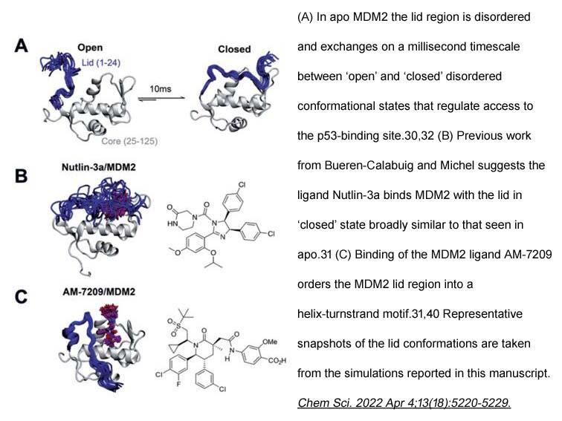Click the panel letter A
click(21, 46)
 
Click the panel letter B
click(21, 176)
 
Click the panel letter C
click(21, 297)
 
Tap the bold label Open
click(90, 48)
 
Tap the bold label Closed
click(234, 49)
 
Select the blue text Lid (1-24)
click(100, 63)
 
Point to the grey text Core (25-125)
click(129, 141)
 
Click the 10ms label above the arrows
click(161, 89)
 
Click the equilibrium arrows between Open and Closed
click(162, 99)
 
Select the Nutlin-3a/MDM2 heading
click(99, 167)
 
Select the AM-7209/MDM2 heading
click(99, 292)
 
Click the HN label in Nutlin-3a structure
click(172, 223)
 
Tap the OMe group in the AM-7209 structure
click(270, 342)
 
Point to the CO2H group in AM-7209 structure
click(277, 361)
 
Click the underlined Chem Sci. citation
click(404, 402)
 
